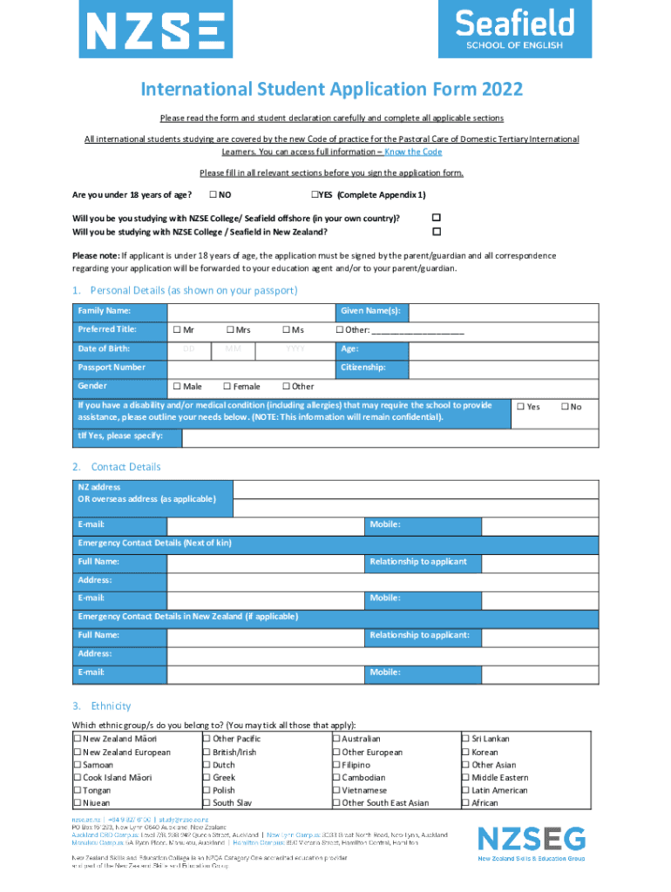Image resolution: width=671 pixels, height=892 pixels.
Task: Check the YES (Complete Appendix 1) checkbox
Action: coord(315,193)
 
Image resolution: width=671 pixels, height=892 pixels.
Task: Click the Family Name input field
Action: coord(251,312)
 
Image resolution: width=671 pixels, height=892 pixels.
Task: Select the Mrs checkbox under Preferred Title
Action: coord(229,330)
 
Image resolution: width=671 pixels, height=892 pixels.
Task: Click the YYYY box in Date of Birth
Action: coord(295,349)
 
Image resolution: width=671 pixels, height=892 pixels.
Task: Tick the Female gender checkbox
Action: coord(227,386)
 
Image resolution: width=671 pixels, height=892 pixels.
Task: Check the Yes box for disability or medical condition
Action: coord(521,407)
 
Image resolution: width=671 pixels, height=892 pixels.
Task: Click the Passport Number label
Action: coord(112,368)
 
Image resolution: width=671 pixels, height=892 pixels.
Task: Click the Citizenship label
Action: coord(363,368)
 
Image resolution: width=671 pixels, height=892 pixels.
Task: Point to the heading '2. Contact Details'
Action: coord(117,467)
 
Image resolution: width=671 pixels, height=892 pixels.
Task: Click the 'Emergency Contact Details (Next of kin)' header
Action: coord(154,543)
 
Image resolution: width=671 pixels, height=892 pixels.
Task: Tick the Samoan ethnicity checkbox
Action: coord(77,765)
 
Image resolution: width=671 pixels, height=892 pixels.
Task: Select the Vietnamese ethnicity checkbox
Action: coord(336,790)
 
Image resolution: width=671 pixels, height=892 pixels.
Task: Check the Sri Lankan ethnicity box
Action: coord(465,740)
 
